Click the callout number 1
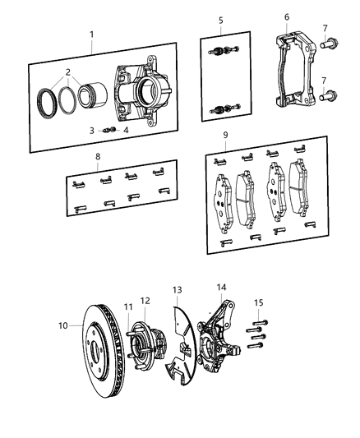coord(91,35)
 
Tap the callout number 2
coord(68,72)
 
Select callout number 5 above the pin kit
coord(220,20)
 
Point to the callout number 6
coord(286,16)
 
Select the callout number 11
coord(127,307)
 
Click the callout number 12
coord(145,300)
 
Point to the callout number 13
coord(177,290)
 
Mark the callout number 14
coord(220,287)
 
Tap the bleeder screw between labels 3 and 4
coord(104,129)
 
